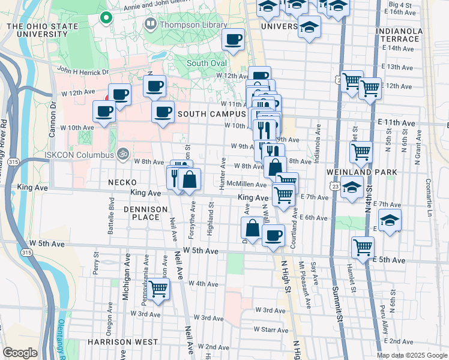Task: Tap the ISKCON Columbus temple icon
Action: (123, 154)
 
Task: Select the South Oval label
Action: (206, 64)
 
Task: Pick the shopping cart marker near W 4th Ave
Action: (158, 289)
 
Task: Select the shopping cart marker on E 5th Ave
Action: (363, 247)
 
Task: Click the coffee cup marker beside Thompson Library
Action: (233, 40)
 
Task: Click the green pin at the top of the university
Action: (106, 18)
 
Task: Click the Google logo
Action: (20, 353)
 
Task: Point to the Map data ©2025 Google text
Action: (411, 355)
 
